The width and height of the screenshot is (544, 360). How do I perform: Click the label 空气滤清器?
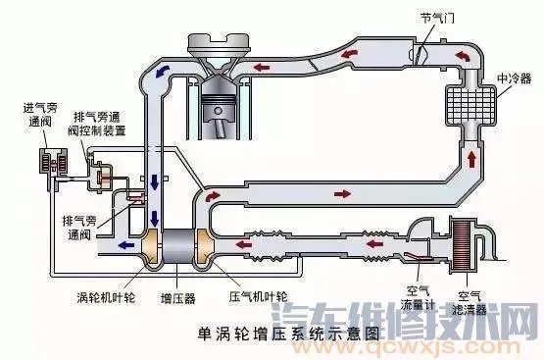474,295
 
